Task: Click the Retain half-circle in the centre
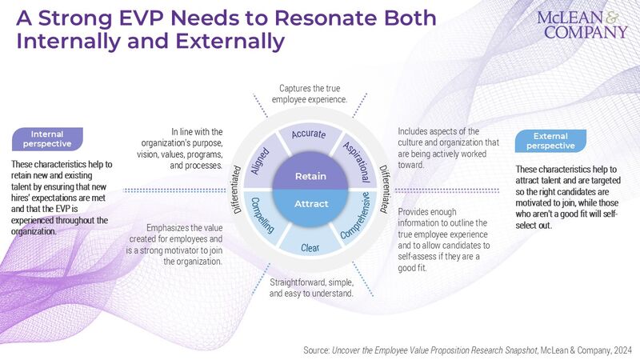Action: click(x=310, y=175)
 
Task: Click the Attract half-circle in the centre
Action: click(x=310, y=204)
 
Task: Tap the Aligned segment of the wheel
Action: click(x=264, y=154)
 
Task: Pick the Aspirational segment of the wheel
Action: click(x=356, y=154)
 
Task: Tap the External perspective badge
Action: click(x=557, y=142)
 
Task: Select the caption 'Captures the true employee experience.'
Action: click(x=312, y=94)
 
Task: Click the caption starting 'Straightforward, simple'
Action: click(x=311, y=287)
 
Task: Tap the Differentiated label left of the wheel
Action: click(x=238, y=190)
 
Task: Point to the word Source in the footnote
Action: click(x=319, y=350)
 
